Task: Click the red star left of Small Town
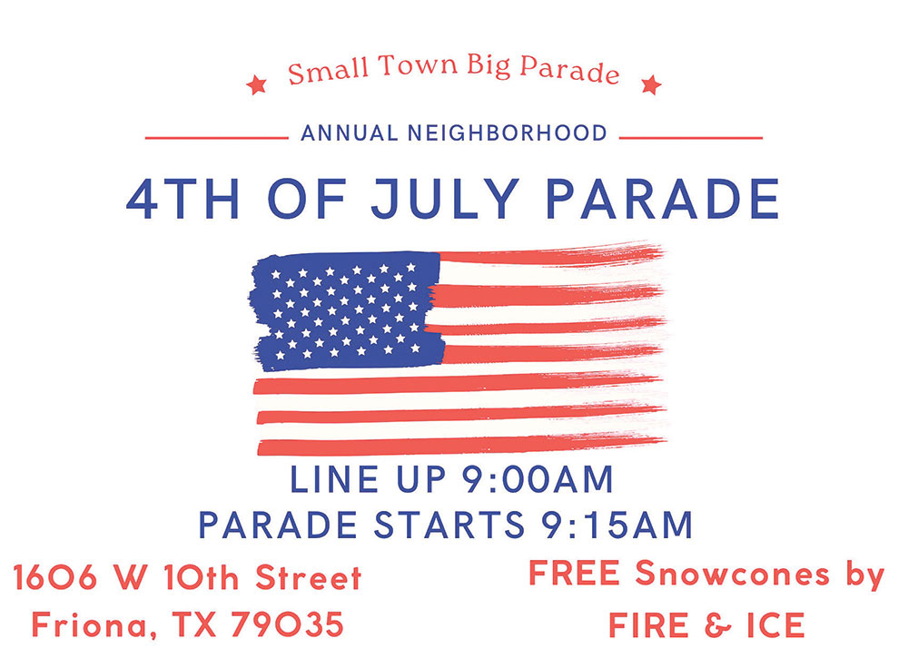point(256,85)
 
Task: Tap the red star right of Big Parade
point(651,85)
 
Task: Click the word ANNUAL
point(350,133)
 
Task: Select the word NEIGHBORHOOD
point(508,133)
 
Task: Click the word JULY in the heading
point(445,199)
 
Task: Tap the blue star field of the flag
point(346,310)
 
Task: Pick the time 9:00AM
point(537,479)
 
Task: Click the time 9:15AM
point(617,525)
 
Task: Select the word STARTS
point(449,525)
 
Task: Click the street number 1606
point(55,577)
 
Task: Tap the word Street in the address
point(309,577)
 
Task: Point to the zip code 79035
point(287,624)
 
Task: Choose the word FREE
point(574,574)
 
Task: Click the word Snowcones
point(733,574)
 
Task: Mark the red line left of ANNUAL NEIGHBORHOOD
point(217,138)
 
